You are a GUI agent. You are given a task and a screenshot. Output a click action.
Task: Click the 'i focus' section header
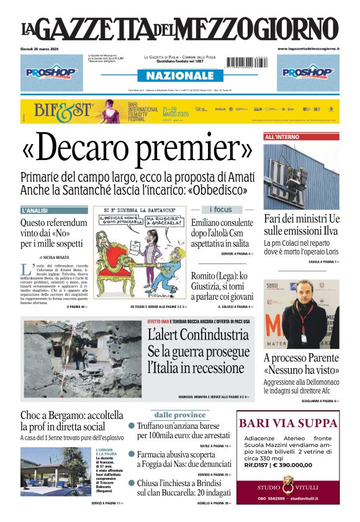click(221, 210)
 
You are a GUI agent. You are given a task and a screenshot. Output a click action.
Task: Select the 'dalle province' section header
click(180, 415)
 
